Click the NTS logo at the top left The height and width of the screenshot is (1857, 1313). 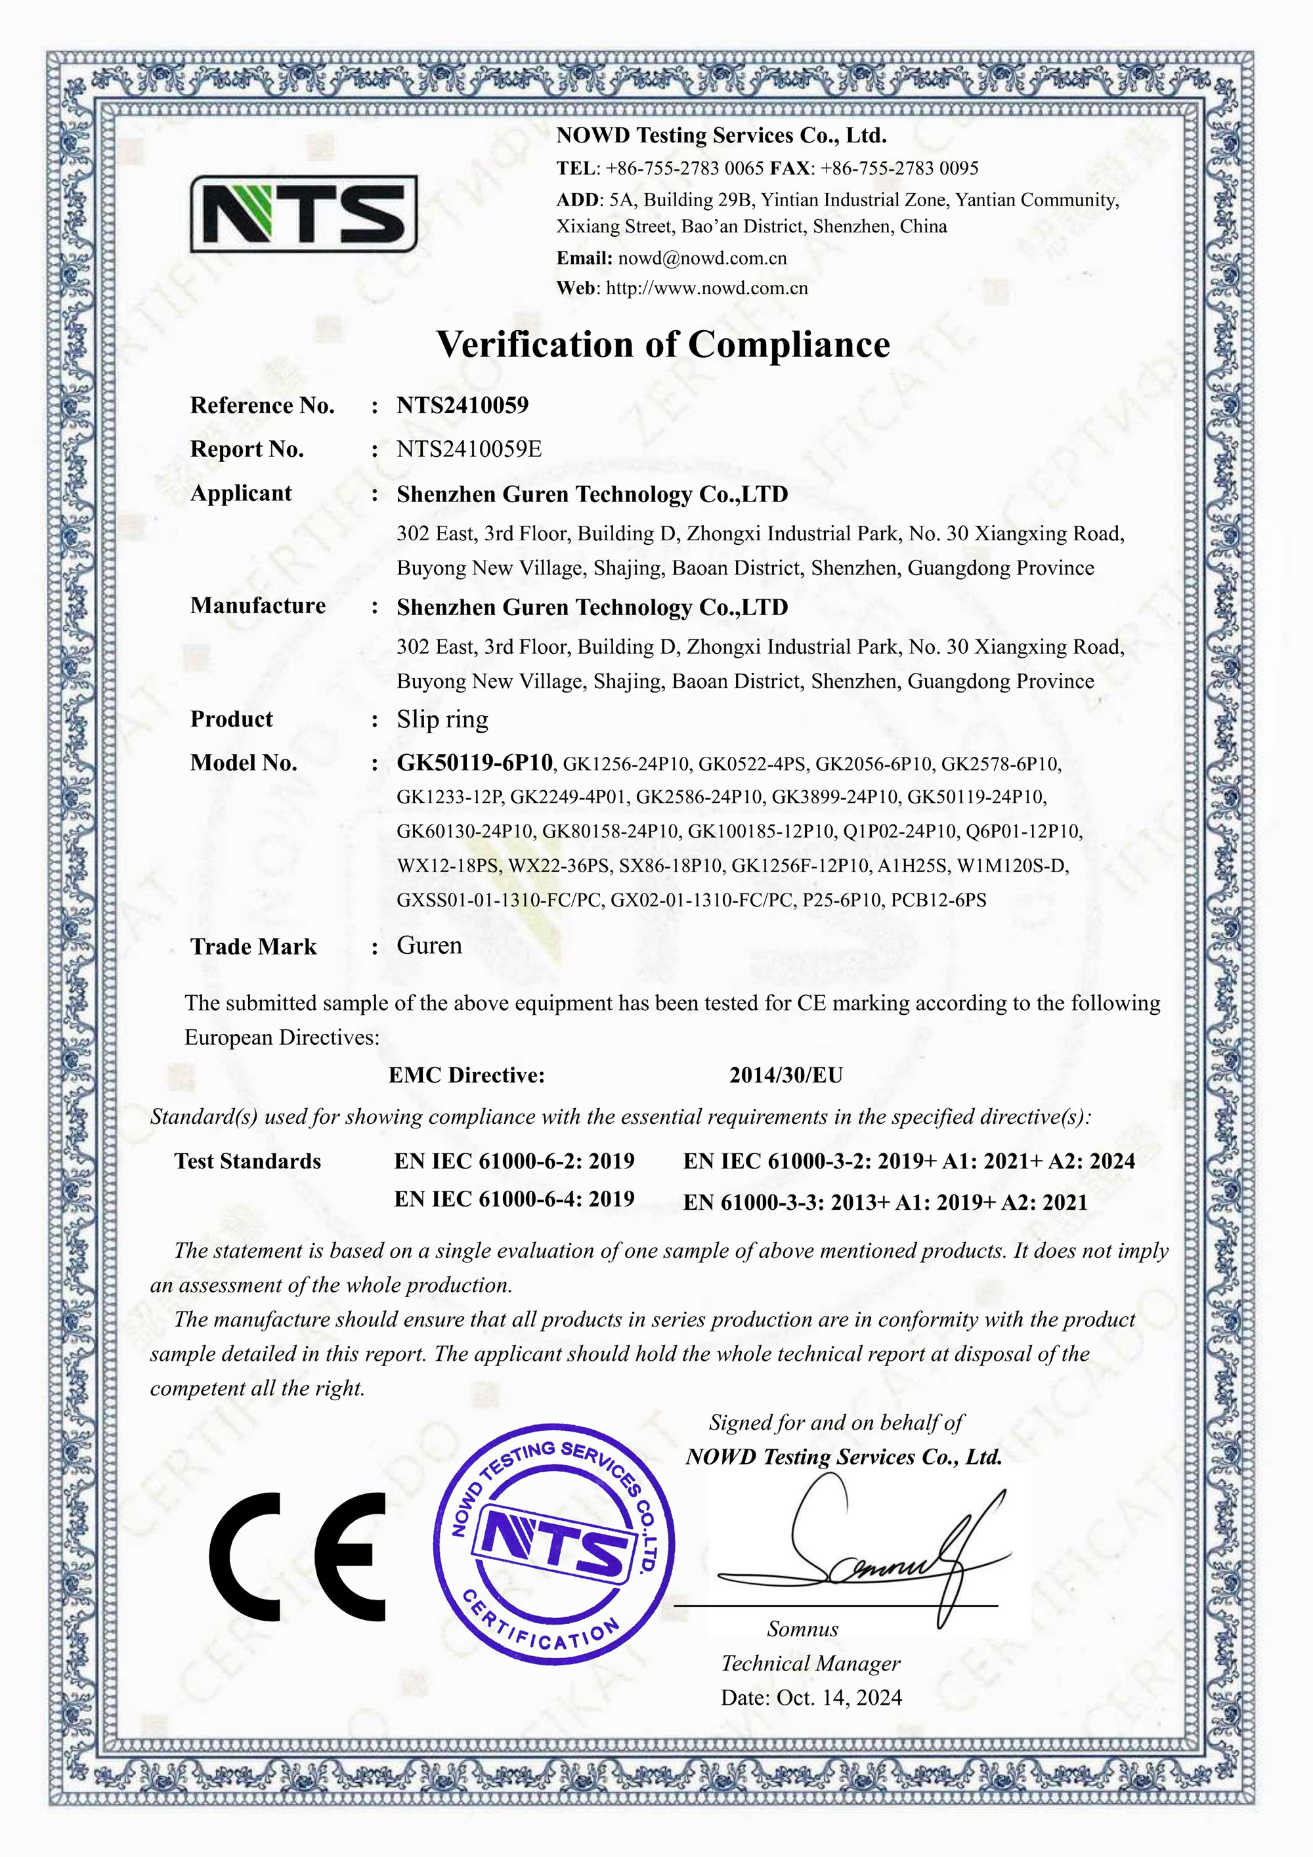(x=303, y=213)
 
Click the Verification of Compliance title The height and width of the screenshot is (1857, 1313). (x=662, y=345)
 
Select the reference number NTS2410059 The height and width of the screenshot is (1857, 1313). (x=462, y=405)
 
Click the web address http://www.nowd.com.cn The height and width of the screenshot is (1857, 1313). (x=706, y=289)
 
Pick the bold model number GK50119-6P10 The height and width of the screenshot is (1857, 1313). (x=474, y=763)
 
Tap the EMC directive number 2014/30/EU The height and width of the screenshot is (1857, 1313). (x=786, y=1075)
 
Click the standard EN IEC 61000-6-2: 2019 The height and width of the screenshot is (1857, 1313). (x=514, y=1161)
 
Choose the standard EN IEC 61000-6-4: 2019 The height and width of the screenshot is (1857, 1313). (x=514, y=1199)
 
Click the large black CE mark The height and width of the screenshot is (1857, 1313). (x=297, y=1557)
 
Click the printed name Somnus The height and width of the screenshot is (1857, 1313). (x=802, y=1629)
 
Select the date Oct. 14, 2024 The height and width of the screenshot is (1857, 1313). (x=839, y=1697)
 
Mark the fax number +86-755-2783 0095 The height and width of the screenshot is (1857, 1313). (x=899, y=168)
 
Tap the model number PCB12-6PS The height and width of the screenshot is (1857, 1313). (x=938, y=900)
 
